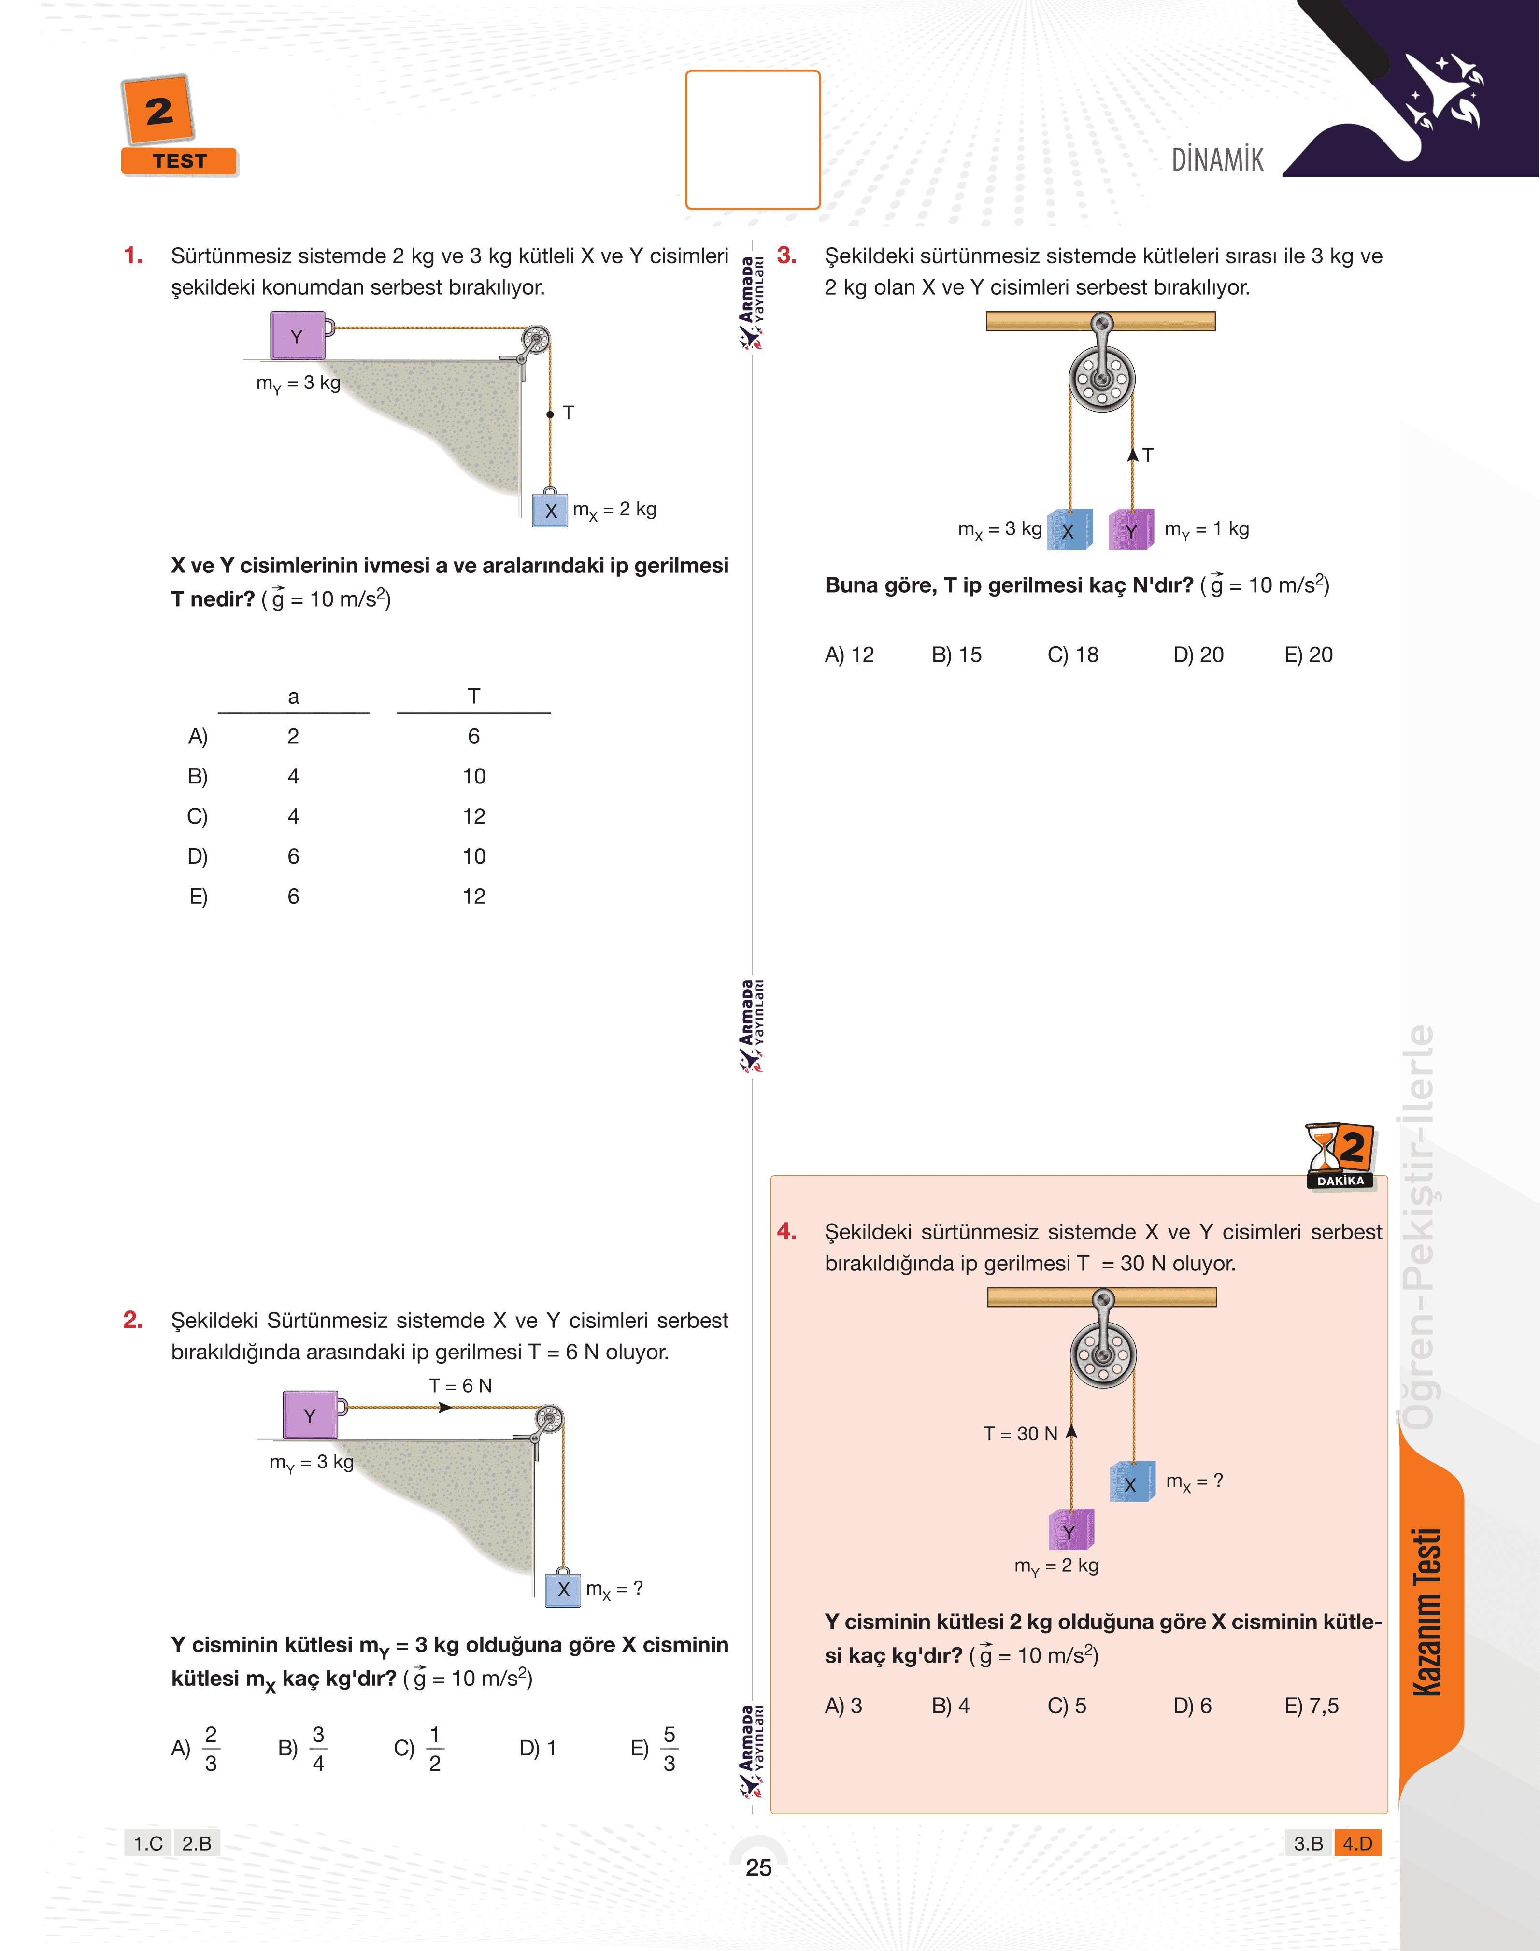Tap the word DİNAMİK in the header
click(1217, 159)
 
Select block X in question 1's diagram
click(550, 510)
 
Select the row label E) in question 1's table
click(198, 896)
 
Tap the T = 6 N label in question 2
click(460, 1385)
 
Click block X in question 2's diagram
click(564, 1590)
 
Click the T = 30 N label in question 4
click(1020, 1434)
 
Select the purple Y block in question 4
click(1069, 1532)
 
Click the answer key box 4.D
click(1357, 1843)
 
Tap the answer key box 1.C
click(148, 1843)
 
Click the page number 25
click(758, 1866)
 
